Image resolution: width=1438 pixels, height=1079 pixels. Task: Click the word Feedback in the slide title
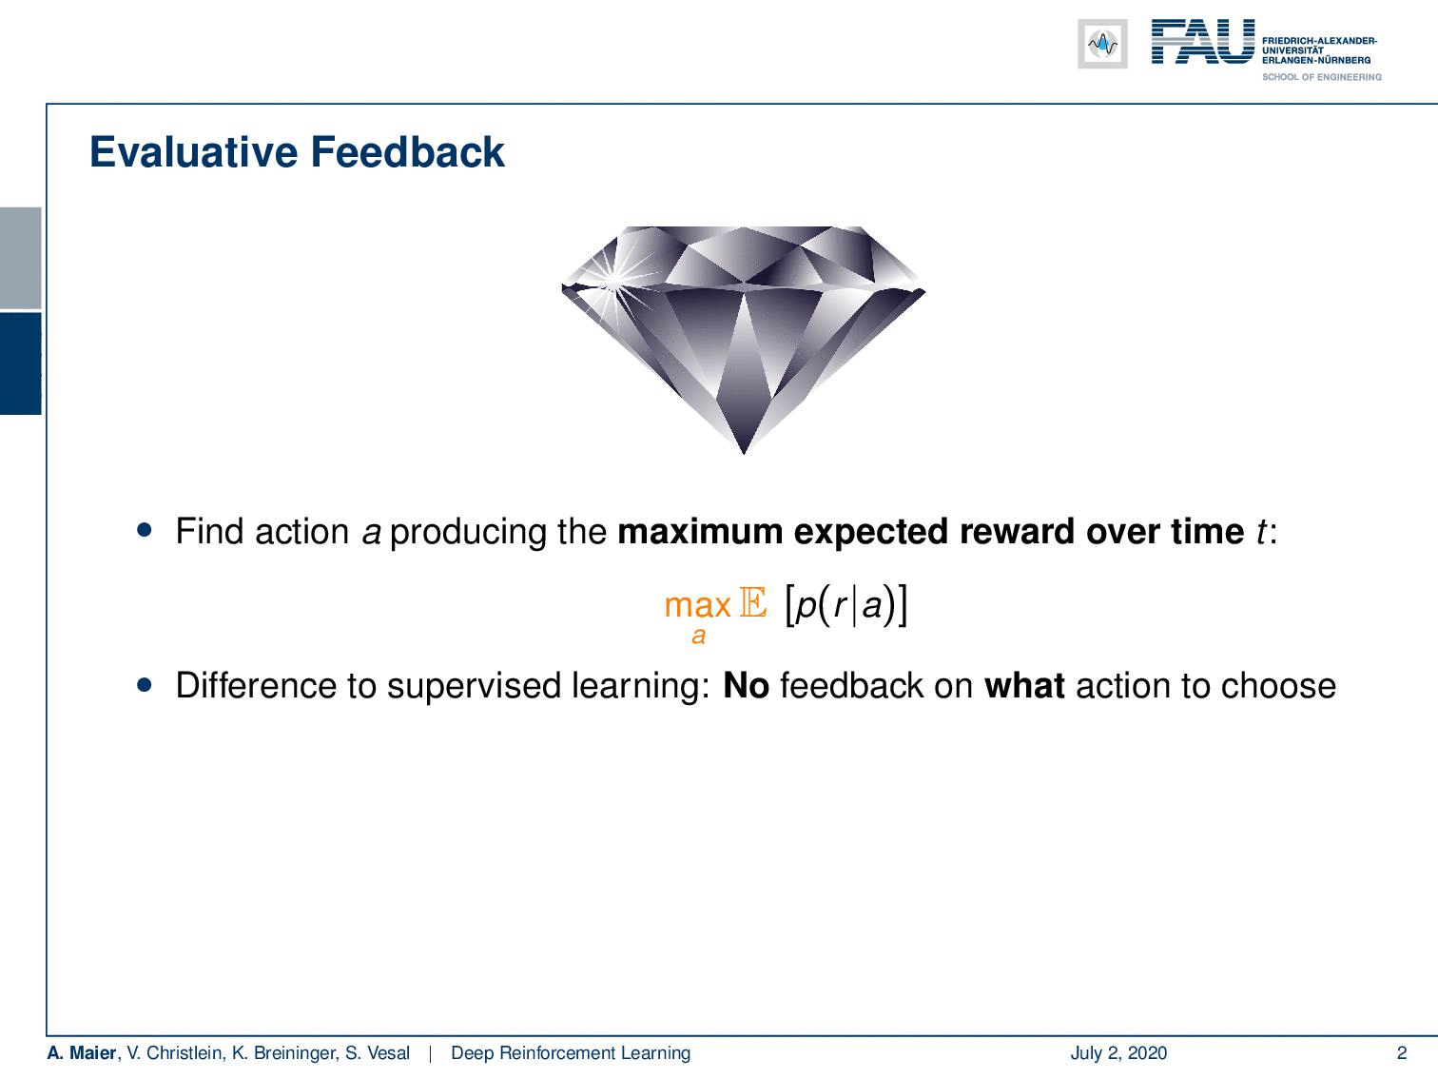coord(407,152)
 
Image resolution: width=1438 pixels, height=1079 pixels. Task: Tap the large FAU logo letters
coord(1203,42)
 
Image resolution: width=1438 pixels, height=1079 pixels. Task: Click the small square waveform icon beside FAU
coord(1102,44)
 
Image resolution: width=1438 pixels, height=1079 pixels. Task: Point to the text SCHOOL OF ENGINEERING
coord(1321,77)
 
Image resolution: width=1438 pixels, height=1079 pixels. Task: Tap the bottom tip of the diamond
coord(744,453)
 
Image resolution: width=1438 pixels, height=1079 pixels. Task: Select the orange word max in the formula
coord(697,605)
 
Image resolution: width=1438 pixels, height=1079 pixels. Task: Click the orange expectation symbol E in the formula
coord(752,602)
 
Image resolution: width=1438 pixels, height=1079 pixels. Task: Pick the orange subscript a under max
coord(698,636)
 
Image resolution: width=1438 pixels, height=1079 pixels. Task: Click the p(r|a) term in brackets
coord(845,605)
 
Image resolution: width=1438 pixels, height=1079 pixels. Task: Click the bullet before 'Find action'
coord(145,530)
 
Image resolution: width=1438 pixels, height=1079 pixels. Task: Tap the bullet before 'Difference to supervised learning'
coord(145,685)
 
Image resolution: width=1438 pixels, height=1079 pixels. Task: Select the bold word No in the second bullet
coord(747,686)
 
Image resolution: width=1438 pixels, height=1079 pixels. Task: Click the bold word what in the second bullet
coord(1024,686)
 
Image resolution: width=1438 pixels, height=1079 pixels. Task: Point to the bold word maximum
coord(700,531)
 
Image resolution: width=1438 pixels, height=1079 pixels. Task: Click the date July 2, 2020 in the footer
coord(1118,1052)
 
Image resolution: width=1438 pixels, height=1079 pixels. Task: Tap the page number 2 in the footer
coord(1401,1052)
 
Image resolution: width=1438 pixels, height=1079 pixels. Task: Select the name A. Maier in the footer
coord(82,1052)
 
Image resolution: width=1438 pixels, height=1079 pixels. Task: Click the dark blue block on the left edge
coord(20,363)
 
